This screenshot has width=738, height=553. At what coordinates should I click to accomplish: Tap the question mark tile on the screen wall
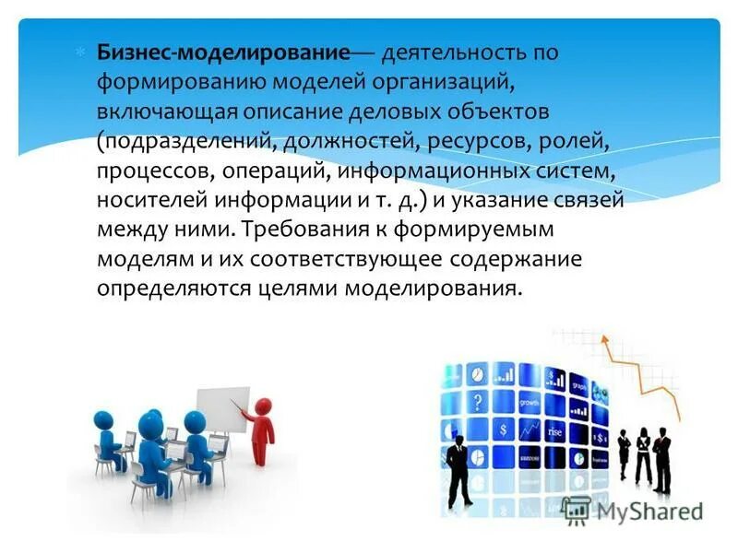coord(478,401)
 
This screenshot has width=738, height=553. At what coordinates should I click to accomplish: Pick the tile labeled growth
coord(530,404)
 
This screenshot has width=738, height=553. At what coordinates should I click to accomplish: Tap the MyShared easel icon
coord(577,508)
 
